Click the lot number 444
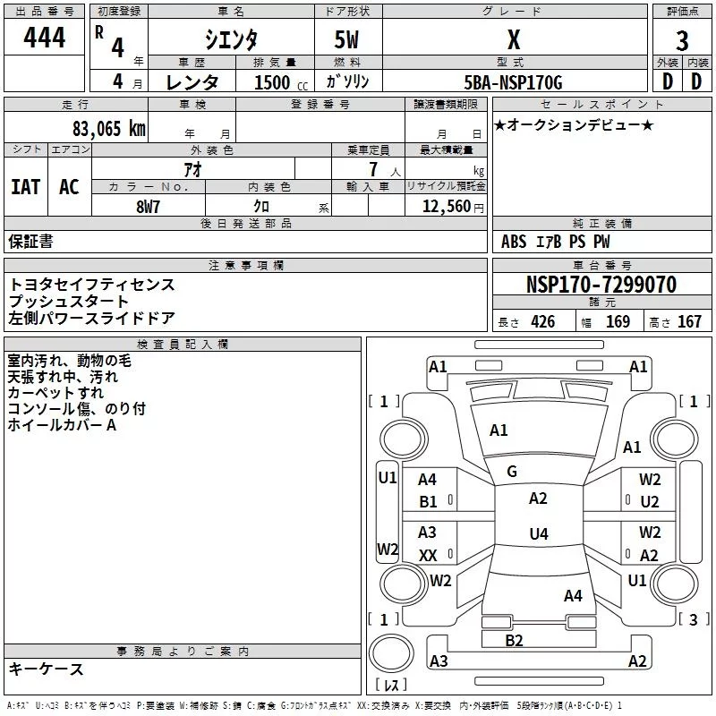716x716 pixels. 44,38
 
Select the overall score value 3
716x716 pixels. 682,41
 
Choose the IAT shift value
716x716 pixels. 25,186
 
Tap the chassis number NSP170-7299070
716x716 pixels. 601,285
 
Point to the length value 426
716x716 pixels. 542,322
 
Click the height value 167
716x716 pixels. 689,322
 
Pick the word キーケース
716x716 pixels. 46,669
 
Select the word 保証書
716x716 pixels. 30,241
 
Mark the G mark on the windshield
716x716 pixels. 511,471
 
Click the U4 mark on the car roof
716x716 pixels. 538,534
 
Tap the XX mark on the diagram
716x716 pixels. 428,556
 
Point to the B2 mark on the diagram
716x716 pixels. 514,640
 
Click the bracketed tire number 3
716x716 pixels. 693,619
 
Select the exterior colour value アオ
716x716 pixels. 192,168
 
